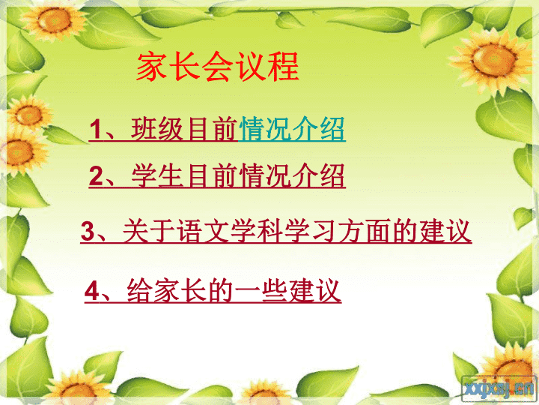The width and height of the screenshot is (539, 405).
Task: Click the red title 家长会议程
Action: coord(218,67)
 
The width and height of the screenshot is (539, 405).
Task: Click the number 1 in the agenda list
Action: coord(95,129)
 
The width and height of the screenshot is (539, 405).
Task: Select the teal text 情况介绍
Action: coord(291,129)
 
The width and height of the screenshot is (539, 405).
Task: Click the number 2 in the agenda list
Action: coord(96,175)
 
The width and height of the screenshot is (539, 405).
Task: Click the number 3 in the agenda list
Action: coord(88,231)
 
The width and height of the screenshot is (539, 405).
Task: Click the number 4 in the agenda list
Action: coord(91,291)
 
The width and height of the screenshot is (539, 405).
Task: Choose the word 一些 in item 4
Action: coord(261,291)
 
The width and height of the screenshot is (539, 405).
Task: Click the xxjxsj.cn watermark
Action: coord(499,388)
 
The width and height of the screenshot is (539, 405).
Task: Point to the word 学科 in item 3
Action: coord(256,231)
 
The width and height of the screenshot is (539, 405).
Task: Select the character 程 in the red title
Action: coord(284,67)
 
